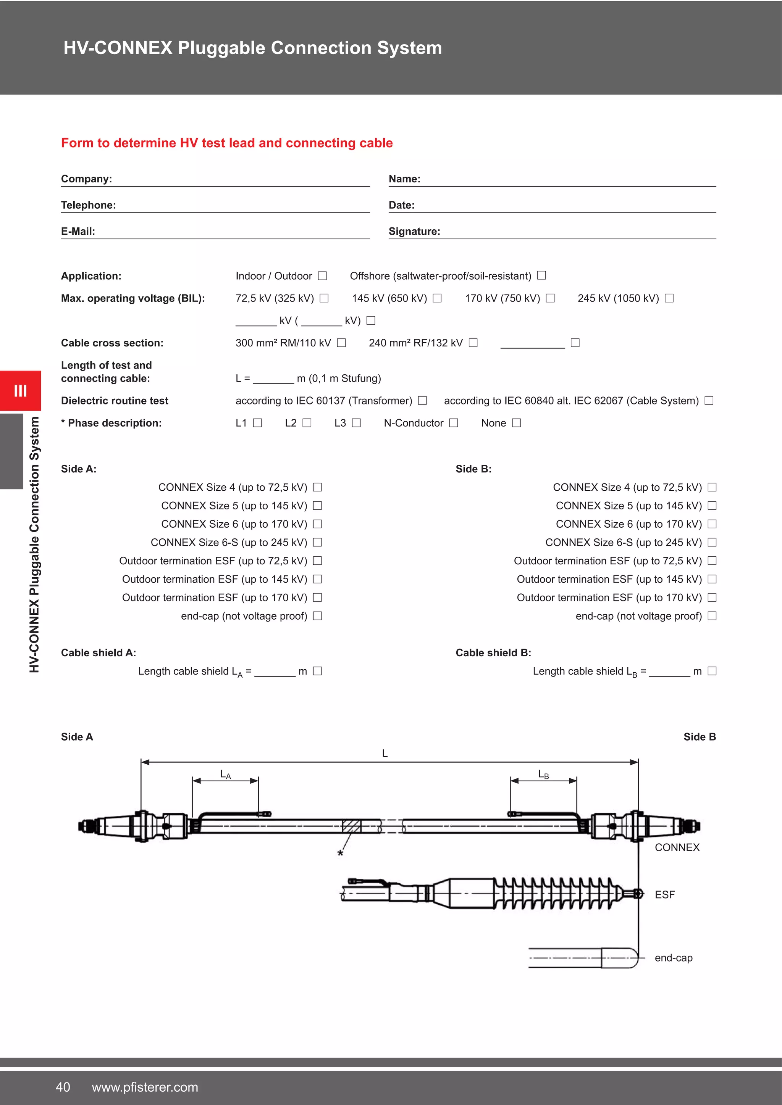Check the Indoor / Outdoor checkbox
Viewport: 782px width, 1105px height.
(323, 276)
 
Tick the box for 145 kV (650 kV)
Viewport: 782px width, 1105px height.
(437, 298)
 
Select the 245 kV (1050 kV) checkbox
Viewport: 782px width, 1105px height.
(669, 298)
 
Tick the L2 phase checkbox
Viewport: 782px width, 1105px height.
(307, 423)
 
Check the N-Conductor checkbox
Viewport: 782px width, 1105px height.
(454, 423)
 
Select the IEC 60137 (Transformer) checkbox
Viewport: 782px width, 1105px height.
(422, 400)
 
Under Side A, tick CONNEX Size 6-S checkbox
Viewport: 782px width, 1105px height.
(317, 543)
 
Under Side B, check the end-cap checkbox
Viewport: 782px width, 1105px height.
(712, 616)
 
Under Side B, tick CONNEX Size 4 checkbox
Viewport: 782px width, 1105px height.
(712, 488)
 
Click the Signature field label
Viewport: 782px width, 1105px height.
(415, 232)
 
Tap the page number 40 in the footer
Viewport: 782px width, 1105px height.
(63, 1087)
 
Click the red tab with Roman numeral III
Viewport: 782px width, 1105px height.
(20, 390)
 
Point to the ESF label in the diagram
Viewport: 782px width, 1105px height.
(664, 895)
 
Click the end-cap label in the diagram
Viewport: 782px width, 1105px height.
(673, 958)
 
